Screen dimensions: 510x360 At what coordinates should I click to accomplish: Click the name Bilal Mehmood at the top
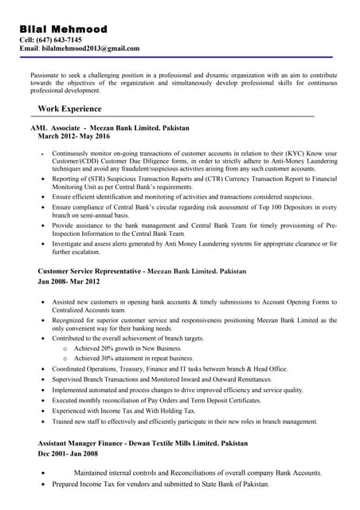[63, 29]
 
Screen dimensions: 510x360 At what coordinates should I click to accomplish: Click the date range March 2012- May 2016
[79, 136]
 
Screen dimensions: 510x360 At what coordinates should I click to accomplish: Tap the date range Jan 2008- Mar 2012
[69, 281]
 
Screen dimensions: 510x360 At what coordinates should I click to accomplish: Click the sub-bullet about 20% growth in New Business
[127, 348]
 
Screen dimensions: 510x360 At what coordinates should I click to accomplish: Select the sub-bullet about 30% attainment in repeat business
[132, 359]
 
